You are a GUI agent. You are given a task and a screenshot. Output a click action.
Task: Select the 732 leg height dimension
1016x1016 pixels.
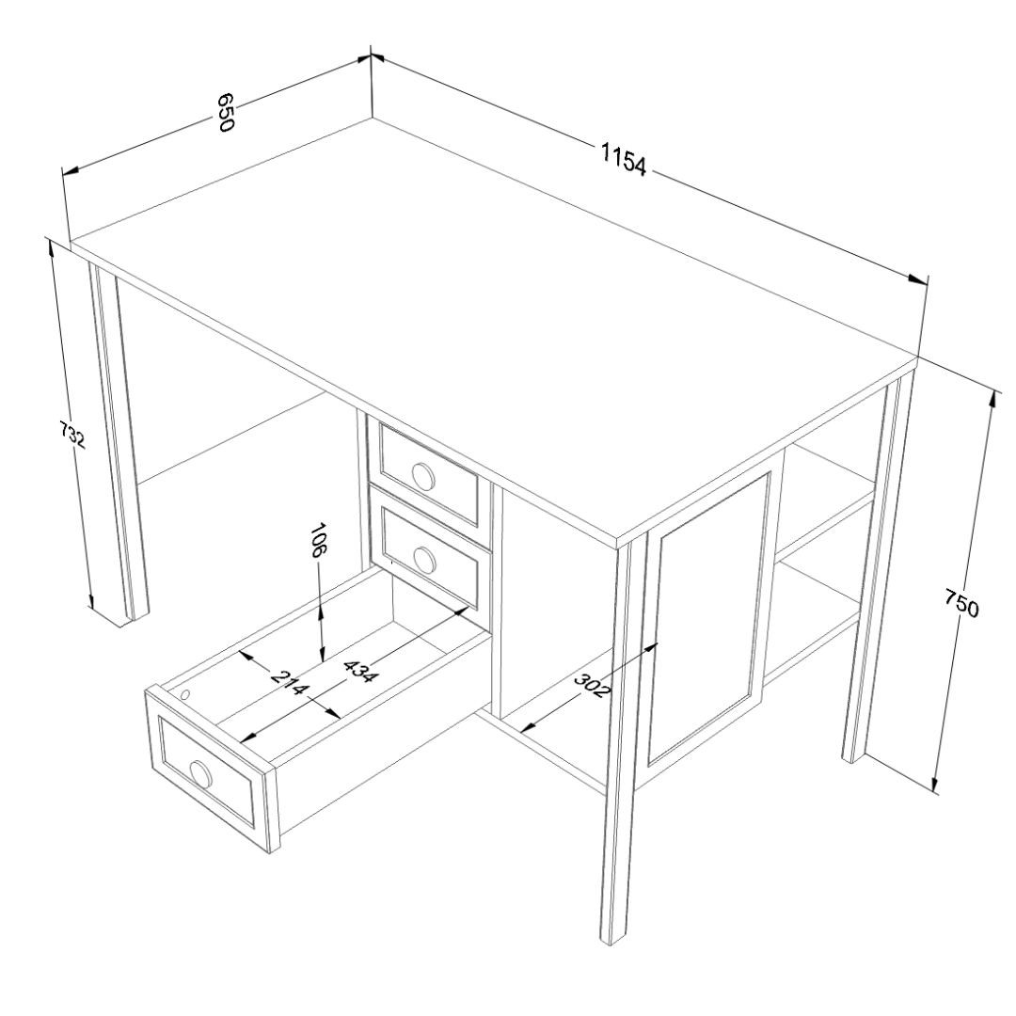71,435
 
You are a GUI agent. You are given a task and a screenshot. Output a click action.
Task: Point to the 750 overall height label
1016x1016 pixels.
960,603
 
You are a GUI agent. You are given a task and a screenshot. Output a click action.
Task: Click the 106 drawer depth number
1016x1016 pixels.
318,540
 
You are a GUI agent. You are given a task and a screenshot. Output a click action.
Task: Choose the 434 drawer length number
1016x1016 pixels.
359,671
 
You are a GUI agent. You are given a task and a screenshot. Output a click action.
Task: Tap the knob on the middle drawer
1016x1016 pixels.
424,560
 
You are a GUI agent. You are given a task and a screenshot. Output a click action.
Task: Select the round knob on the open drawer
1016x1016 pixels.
201,774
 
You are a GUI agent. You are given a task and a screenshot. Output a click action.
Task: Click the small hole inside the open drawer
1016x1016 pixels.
185,694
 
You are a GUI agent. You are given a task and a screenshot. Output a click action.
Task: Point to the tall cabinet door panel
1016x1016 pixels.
709,617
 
